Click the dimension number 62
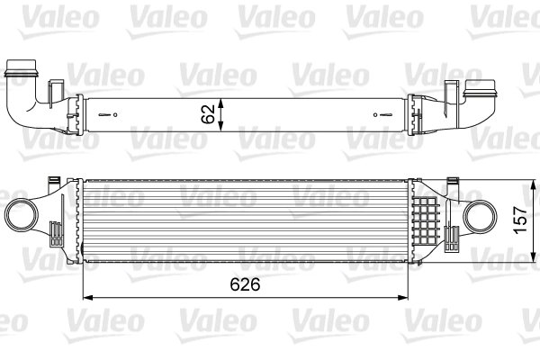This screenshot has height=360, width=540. click(x=208, y=114)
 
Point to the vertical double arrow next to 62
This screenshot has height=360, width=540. click(x=224, y=114)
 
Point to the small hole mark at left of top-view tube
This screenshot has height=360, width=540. click(x=112, y=114)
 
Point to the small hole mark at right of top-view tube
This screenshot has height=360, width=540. click(x=379, y=114)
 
